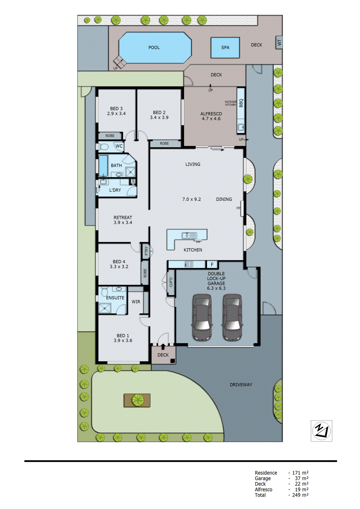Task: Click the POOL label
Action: tap(154, 47)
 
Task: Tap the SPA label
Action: tap(225, 47)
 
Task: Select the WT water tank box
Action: tap(279, 42)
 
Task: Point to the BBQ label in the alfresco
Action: tap(241, 103)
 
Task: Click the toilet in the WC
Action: tap(104, 147)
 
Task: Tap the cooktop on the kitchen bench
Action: tap(189, 264)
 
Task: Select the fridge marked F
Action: tap(212, 264)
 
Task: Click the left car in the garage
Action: tap(202, 317)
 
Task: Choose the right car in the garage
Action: tap(232, 317)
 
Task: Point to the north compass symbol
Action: tap(321, 431)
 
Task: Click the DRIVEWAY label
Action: tap(241, 385)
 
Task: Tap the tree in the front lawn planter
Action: tap(138, 400)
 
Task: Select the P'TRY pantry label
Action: tap(146, 251)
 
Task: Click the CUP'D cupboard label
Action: tap(171, 282)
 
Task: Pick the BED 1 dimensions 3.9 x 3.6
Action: tap(123, 340)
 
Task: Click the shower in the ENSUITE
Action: tap(105, 308)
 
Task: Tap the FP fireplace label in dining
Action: tap(238, 208)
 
